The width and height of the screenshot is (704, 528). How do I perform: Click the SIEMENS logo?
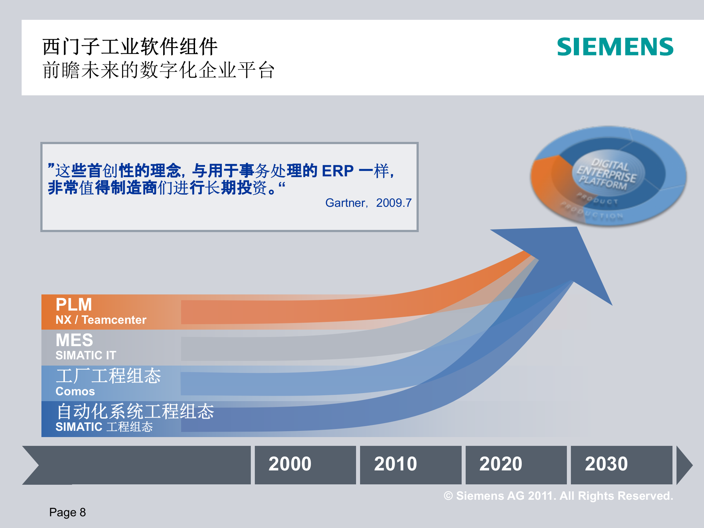click(x=615, y=47)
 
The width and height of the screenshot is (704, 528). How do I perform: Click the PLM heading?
click(x=74, y=305)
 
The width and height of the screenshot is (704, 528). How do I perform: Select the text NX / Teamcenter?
click(x=101, y=320)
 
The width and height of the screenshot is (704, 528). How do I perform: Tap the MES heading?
click(x=74, y=340)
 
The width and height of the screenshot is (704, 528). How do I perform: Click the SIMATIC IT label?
click(x=86, y=355)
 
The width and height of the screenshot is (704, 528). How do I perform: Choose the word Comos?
click(x=75, y=391)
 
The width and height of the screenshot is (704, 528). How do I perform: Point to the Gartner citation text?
click(x=368, y=203)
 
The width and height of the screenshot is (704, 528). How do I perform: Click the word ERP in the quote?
click(x=338, y=171)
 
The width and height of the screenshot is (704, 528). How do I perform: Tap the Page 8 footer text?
click(x=67, y=512)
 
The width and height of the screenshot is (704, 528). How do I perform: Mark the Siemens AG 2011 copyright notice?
click(x=558, y=496)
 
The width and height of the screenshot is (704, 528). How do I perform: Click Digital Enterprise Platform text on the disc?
click(x=607, y=173)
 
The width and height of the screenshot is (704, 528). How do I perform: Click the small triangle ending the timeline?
click(x=684, y=465)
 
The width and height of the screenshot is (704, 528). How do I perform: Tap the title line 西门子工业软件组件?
click(x=130, y=47)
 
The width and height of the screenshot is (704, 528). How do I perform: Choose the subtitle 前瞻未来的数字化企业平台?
click(x=158, y=70)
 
